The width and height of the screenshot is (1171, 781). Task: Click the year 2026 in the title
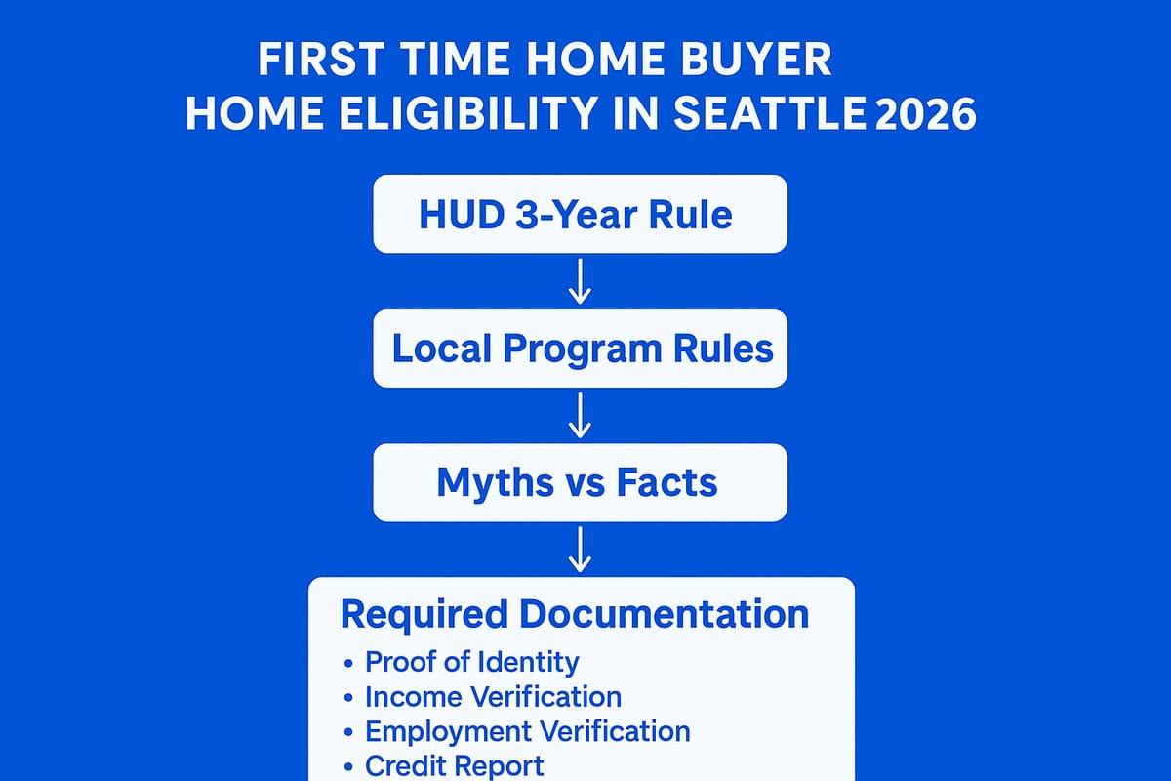click(925, 114)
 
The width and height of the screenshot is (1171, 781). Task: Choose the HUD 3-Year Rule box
click(580, 214)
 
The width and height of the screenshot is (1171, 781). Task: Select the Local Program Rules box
click(580, 349)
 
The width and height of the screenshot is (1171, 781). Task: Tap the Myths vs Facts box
click(580, 482)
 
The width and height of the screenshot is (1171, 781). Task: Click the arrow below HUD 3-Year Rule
click(580, 281)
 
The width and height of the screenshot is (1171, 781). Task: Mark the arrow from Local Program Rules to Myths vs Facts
click(580, 415)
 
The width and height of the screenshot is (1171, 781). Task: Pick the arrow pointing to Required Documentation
click(580, 549)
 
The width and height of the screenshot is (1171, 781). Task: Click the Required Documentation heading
click(574, 614)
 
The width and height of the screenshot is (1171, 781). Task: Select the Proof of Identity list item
click(471, 662)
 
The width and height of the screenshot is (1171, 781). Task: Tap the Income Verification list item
click(493, 697)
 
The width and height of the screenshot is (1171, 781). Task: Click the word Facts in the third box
click(670, 482)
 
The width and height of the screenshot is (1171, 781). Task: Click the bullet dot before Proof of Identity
click(349, 663)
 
